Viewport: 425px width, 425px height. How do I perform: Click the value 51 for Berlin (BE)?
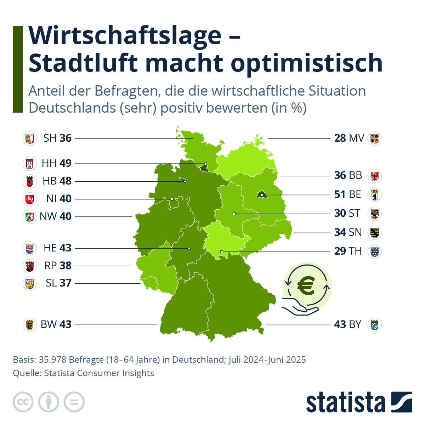coord(340,194)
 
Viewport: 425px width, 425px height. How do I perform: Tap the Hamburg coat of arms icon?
coord(30,164)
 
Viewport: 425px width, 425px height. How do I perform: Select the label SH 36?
coord(57,138)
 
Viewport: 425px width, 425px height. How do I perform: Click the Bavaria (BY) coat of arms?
coord(374,324)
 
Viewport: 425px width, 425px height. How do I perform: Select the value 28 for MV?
coord(340,138)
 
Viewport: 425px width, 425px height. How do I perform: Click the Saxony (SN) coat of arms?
coord(374,232)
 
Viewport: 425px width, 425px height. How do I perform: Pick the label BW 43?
coord(56,324)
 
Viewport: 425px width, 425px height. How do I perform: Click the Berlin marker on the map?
coord(261,195)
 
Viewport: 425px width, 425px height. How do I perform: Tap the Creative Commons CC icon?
coord(23,402)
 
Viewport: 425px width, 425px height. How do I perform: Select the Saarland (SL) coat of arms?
coord(30,283)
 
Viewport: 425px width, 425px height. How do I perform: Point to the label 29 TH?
coord(348,251)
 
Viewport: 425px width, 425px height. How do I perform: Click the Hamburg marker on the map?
coord(205,164)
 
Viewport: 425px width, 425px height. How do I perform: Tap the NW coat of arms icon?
coord(30,216)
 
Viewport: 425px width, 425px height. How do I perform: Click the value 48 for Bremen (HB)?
coord(66,181)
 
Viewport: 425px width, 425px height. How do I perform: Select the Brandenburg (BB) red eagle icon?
coord(374,175)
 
